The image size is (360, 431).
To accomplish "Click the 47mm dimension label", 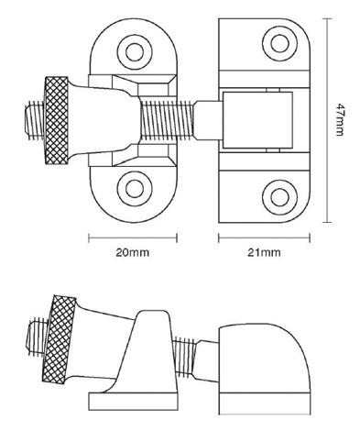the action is point(340,120).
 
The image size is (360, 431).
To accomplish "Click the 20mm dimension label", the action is point(133,253).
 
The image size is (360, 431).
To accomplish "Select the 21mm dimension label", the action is point(264,253).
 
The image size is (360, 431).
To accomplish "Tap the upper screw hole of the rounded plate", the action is point(135,52).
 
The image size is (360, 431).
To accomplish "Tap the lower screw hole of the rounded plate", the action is point(135,189).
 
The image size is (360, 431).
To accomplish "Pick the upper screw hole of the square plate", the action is point(279,44).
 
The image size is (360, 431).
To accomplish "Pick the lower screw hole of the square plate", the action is point(279,197).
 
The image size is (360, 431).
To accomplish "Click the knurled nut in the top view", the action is point(57,120).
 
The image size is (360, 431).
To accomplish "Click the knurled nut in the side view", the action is point(59,339).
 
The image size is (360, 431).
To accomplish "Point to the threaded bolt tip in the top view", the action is point(34,120).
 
